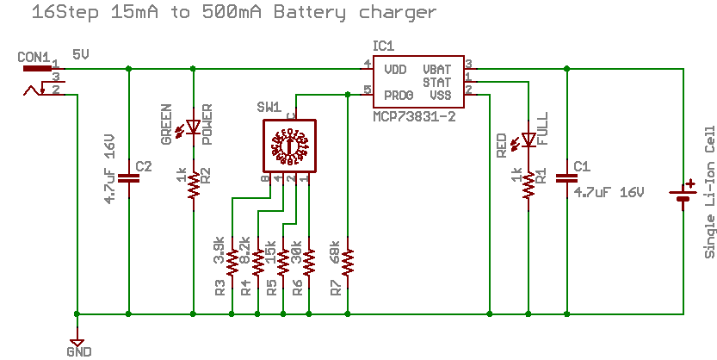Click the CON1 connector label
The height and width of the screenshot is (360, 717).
(x=34, y=57)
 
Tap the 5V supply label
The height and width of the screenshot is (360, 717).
(x=81, y=53)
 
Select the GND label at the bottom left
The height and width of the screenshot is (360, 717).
(x=77, y=351)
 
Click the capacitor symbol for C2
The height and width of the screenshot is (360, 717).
(x=128, y=177)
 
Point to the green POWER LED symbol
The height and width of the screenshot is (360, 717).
(x=194, y=128)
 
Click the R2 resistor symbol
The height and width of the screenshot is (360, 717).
(x=194, y=183)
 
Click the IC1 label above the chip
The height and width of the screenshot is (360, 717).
(x=383, y=45)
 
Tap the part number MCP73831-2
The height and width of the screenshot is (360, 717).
(x=415, y=115)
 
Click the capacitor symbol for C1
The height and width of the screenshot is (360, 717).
(x=567, y=178)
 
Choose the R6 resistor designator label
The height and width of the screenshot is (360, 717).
(x=297, y=288)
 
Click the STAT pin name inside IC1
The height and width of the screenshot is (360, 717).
(x=437, y=81)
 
